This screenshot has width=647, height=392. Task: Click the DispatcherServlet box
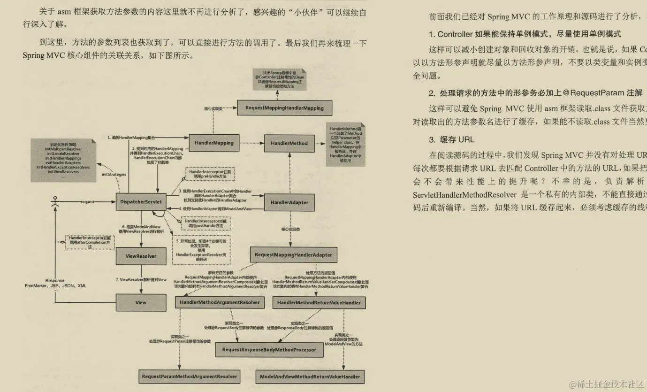(x=141, y=202)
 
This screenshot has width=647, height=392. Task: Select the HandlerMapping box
(x=214, y=143)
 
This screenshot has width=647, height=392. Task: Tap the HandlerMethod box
(x=289, y=143)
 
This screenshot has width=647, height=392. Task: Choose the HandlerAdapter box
(x=289, y=202)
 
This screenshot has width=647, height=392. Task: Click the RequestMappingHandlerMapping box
(x=284, y=108)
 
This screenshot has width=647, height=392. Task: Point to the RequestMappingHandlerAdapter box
(x=293, y=255)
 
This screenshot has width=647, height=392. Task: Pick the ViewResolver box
(x=141, y=256)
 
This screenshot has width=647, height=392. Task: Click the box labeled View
(x=141, y=303)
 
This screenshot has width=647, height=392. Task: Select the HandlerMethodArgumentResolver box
(x=220, y=303)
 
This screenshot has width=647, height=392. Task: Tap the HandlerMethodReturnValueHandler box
(x=319, y=303)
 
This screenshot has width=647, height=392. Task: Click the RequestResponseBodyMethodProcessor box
(x=269, y=350)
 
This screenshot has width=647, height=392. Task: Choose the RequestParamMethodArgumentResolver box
(x=189, y=377)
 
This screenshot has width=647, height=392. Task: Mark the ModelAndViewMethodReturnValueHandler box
(x=310, y=377)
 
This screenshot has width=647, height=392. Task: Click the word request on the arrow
(x=88, y=202)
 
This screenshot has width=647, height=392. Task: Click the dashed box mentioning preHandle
(x=210, y=175)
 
